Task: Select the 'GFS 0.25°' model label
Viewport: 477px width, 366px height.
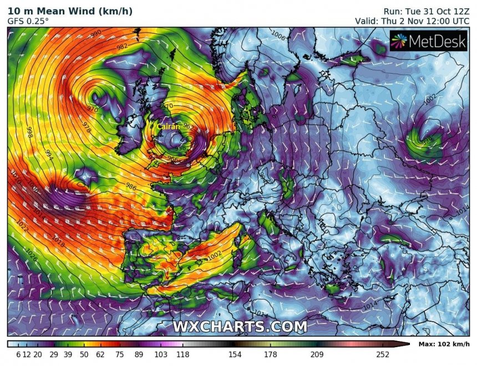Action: click(x=28, y=21)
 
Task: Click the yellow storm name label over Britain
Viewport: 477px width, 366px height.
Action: click(x=168, y=127)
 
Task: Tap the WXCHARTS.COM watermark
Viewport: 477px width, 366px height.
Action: click(x=239, y=326)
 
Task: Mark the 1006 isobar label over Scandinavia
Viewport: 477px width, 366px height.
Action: click(x=278, y=37)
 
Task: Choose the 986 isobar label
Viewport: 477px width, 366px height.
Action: click(x=131, y=186)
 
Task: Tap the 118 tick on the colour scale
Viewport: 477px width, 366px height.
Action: click(x=181, y=354)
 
